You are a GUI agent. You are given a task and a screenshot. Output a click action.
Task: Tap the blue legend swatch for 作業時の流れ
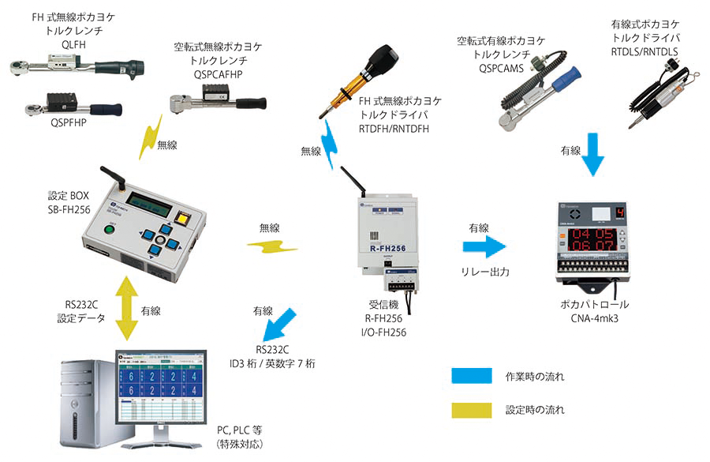pos(471,376)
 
